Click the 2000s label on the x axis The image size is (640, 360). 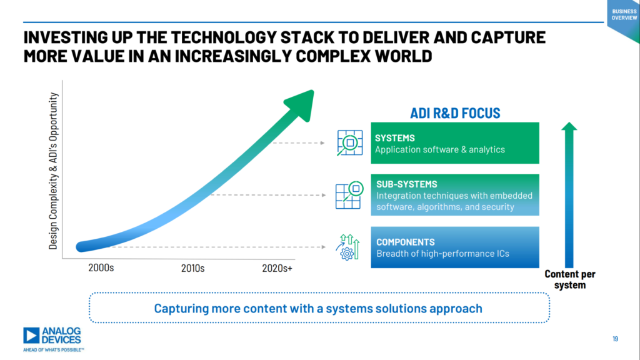coord(101,268)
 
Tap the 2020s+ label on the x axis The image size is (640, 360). coord(276,268)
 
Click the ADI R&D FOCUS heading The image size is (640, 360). coord(455,113)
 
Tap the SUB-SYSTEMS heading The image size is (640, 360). coord(406,184)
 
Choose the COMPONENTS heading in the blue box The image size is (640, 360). coord(405,242)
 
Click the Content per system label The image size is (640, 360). coord(569,279)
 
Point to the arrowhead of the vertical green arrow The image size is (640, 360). coord(569,127)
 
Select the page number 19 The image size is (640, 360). coord(615,339)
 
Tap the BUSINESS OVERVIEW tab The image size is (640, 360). coord(623,14)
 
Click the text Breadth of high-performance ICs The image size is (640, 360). coord(442,254)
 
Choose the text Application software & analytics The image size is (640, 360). coord(439,150)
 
